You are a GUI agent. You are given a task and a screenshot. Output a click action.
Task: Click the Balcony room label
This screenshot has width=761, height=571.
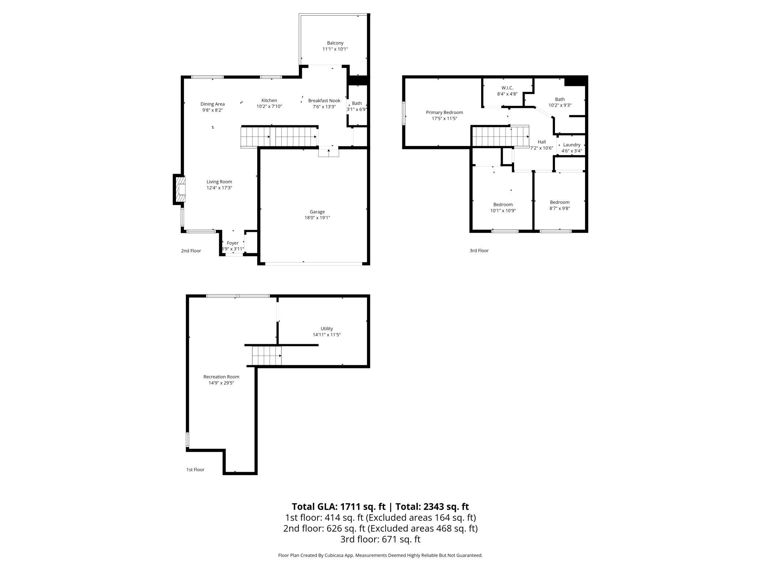click(x=335, y=43)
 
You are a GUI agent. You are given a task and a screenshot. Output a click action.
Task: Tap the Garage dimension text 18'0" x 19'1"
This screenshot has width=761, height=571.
click(x=317, y=218)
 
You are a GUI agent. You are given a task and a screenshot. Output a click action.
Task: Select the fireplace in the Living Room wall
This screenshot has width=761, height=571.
click(x=179, y=189)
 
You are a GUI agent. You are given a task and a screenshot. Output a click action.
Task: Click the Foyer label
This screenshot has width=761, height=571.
click(x=233, y=243)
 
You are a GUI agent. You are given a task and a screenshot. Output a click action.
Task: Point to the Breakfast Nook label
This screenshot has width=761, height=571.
click(x=324, y=101)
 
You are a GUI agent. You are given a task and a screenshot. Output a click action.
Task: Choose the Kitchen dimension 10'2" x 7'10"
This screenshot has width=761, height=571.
click(x=269, y=107)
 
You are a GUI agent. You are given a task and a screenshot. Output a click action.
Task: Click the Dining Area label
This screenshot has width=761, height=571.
click(x=213, y=104)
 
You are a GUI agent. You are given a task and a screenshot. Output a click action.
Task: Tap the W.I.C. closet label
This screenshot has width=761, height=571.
click(x=507, y=88)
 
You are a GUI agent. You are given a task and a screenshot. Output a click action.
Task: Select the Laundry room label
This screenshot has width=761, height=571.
click(x=572, y=145)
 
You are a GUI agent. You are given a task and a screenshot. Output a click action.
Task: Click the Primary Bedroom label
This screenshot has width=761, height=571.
click(x=445, y=112)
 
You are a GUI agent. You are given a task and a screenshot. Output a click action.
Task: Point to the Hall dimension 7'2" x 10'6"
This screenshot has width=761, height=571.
click(x=542, y=148)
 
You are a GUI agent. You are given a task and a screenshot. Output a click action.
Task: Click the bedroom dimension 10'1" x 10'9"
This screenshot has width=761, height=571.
click(x=503, y=211)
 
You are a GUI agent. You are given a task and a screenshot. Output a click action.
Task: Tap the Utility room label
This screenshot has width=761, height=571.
click(x=327, y=329)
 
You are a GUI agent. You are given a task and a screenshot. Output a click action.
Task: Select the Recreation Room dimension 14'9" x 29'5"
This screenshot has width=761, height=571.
click(x=221, y=383)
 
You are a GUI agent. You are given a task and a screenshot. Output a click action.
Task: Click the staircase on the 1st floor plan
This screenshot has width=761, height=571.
click(x=267, y=356)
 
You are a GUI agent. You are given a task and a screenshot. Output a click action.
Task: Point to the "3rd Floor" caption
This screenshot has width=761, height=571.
click(x=479, y=251)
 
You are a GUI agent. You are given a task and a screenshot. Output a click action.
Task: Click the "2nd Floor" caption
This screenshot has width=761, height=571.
click(x=191, y=251)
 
